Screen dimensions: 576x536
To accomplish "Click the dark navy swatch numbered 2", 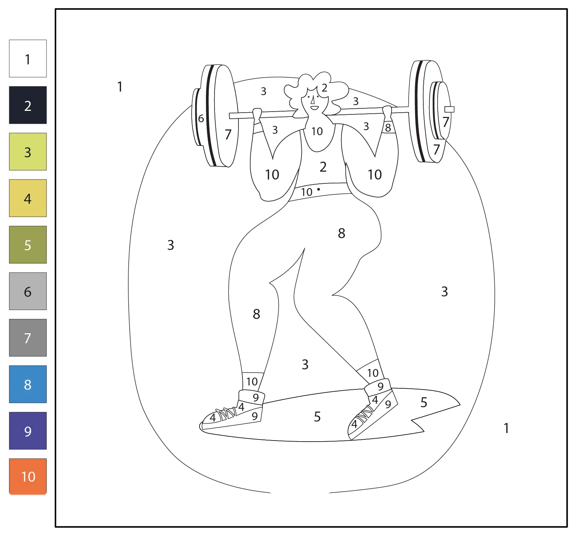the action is pyautogui.click(x=28, y=105).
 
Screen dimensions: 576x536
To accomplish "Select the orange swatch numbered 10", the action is pyautogui.click(x=28, y=476).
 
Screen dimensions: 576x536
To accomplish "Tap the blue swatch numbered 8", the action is pyautogui.click(x=28, y=384).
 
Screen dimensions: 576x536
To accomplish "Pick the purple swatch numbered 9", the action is pyautogui.click(x=28, y=431).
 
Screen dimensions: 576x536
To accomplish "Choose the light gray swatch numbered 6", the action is pyautogui.click(x=28, y=291).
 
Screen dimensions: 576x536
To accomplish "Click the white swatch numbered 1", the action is pyautogui.click(x=28, y=59).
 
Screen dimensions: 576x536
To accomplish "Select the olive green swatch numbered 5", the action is pyautogui.click(x=28, y=245).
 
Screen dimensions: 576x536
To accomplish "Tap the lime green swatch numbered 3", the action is pyautogui.click(x=28, y=152).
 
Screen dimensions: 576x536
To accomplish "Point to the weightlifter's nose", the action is pyautogui.click(x=313, y=100).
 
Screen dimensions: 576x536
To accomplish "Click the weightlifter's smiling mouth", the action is pyautogui.click(x=314, y=108).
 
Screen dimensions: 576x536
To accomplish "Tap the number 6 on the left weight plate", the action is pyautogui.click(x=201, y=118).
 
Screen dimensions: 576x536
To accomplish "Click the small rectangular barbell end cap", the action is pyautogui.click(x=449, y=109).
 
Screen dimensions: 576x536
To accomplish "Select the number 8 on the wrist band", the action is pyautogui.click(x=388, y=128).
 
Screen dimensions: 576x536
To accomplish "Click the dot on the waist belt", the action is pyautogui.click(x=319, y=189).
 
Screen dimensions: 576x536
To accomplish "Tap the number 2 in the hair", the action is pyautogui.click(x=324, y=88).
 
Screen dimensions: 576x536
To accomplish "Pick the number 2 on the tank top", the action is pyautogui.click(x=323, y=167).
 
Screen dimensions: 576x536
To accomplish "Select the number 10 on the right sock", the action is pyautogui.click(x=373, y=373).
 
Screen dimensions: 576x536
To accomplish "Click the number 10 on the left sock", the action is pyautogui.click(x=252, y=382).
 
